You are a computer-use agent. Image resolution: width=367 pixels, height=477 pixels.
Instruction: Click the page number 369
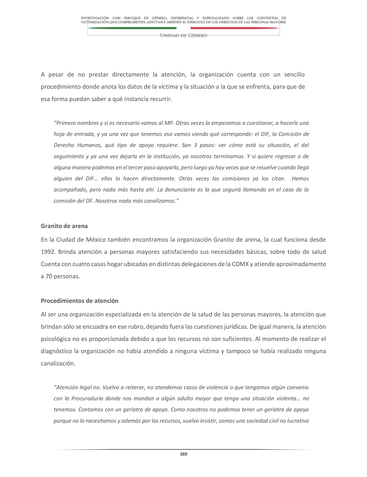183,454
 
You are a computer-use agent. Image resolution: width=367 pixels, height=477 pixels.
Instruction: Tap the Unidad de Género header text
183,35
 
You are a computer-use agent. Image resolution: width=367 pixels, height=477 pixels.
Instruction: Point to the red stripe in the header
239,28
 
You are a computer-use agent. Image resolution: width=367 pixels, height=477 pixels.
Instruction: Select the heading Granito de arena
64,226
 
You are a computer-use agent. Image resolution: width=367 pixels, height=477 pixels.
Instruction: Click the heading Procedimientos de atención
80,301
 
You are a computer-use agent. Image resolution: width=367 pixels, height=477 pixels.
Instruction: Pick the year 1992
48,252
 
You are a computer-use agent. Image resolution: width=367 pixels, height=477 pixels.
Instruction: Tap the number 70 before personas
49,276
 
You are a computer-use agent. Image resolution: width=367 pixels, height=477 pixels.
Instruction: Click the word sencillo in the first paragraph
294,75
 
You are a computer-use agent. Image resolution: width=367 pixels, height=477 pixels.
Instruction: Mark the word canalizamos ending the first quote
160,201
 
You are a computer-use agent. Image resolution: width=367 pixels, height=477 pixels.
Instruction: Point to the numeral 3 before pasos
195,145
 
